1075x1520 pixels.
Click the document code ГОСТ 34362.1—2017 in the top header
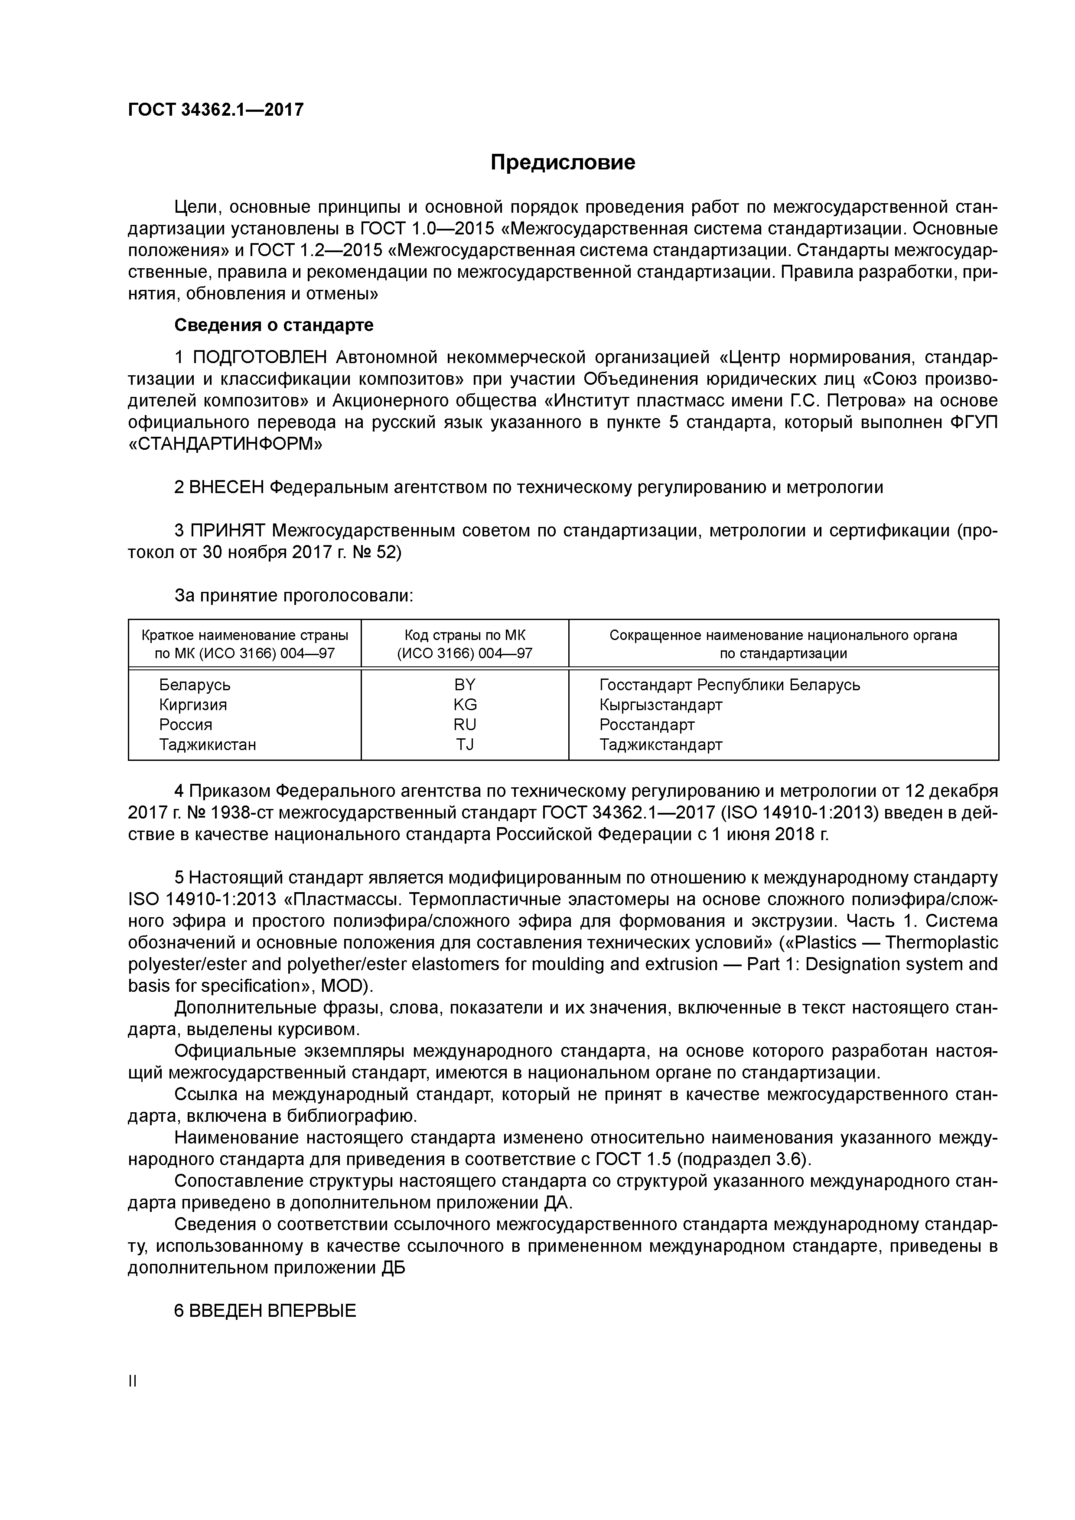click(215, 110)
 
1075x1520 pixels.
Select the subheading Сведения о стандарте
click(274, 325)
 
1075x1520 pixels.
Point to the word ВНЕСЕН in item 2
click(227, 488)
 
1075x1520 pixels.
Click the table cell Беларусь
click(195, 685)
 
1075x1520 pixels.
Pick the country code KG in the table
click(465, 705)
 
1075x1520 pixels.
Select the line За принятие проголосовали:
click(293, 596)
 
